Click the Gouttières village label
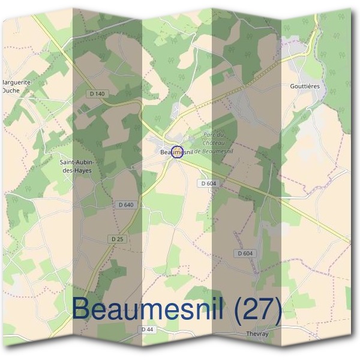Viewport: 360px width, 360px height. [x=304, y=86]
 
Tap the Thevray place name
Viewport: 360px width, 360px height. [x=259, y=334]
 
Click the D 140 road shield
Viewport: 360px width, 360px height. [x=96, y=94]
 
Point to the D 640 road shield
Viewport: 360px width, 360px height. [x=126, y=205]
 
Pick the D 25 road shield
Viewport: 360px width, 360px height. [x=117, y=239]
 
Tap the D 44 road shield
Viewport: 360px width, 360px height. [x=147, y=329]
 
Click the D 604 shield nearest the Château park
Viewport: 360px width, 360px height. [x=208, y=183]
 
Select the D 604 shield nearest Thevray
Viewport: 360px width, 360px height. [x=245, y=253]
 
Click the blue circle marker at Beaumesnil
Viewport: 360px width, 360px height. [x=177, y=152]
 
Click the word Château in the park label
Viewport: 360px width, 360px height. [x=215, y=142]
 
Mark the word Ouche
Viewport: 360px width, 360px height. [x=10, y=91]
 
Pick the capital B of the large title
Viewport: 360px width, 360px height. [x=83, y=309]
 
